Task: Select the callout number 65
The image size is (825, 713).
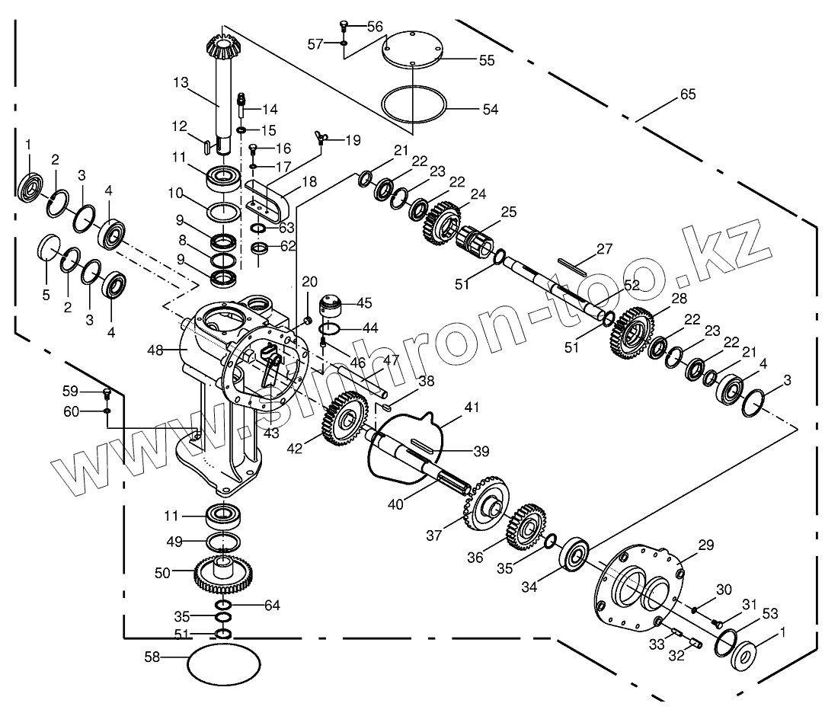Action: click(x=687, y=95)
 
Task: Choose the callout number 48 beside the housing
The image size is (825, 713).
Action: click(x=156, y=350)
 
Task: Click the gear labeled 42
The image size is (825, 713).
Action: click(x=346, y=418)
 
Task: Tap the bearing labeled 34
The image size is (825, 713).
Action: click(x=577, y=554)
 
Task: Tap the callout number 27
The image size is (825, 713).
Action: click(x=604, y=248)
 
